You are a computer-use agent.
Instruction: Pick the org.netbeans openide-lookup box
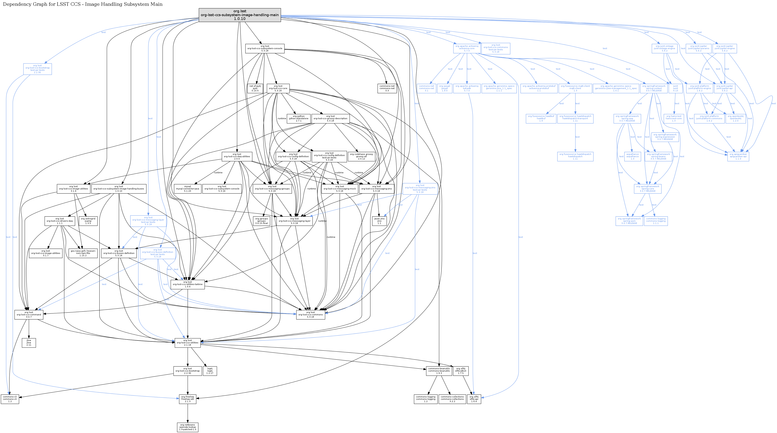tap(188, 427)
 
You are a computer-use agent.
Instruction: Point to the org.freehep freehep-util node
tap(188, 399)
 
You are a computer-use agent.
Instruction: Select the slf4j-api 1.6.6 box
tap(474, 399)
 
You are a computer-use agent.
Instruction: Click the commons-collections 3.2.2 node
tap(452, 399)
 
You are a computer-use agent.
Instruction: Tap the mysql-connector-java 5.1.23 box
tap(188, 189)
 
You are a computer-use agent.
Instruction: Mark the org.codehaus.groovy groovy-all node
tap(361, 156)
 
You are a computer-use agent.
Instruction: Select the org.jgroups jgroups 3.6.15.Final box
tap(261, 221)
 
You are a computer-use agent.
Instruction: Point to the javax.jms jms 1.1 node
tap(379, 221)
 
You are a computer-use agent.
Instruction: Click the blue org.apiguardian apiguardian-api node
tap(738, 156)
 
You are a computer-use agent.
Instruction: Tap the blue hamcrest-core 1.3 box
tap(674, 118)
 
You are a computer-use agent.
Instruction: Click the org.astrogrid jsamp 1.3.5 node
tap(88, 221)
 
